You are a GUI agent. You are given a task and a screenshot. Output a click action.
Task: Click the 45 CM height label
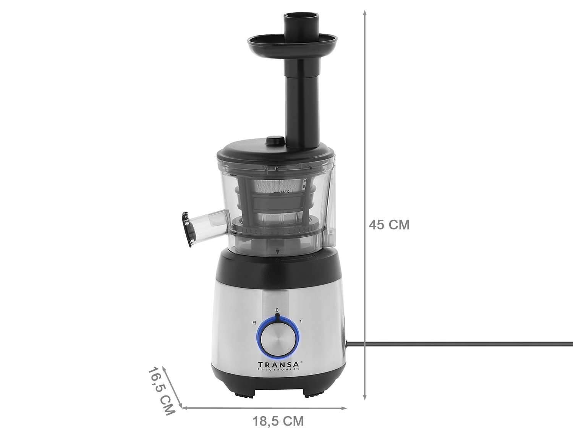pyautogui.click(x=389, y=225)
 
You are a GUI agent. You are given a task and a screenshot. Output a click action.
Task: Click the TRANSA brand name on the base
pyautogui.click(x=278, y=364)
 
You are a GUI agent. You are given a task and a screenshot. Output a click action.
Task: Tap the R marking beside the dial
pyautogui.click(x=254, y=322)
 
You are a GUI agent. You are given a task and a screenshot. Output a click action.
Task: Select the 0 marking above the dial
pyautogui.click(x=277, y=309)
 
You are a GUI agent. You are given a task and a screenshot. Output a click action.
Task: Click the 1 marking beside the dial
pyautogui.click(x=301, y=322)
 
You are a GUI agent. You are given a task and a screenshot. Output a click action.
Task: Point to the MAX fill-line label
pyautogui.click(x=285, y=192)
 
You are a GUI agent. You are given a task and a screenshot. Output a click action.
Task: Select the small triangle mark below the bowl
pyautogui.click(x=277, y=252)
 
